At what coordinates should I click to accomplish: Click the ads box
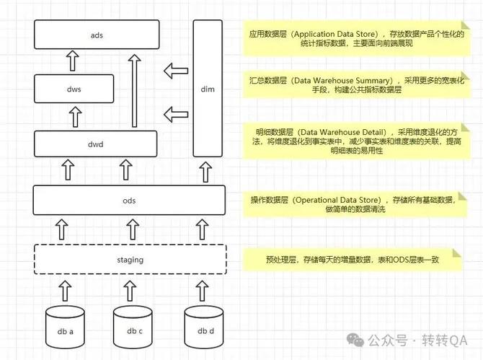coord(96,35)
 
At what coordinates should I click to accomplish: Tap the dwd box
coord(96,144)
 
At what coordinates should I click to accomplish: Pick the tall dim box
coord(208,88)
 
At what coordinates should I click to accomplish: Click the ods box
coord(130,200)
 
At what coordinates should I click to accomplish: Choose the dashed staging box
coord(130,259)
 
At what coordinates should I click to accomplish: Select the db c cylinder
coord(133,330)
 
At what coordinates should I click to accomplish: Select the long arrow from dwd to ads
coord(134,90)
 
